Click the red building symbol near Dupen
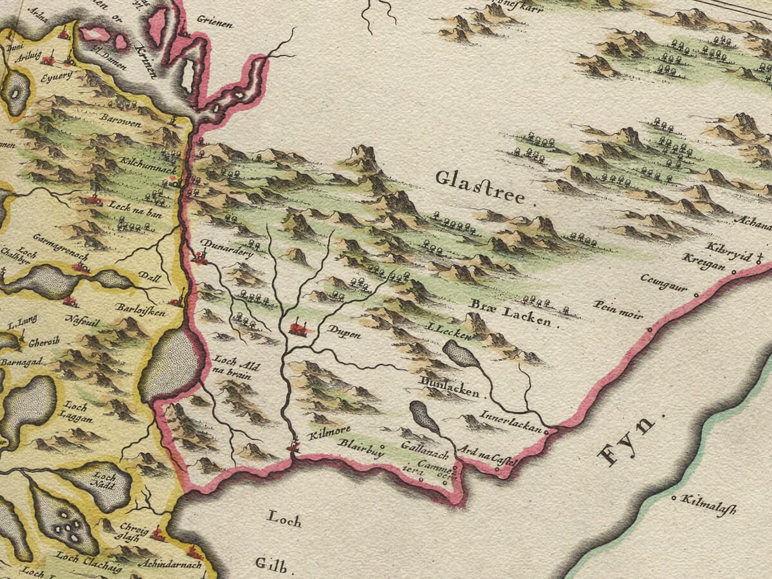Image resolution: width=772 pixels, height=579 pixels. point(299,329)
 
